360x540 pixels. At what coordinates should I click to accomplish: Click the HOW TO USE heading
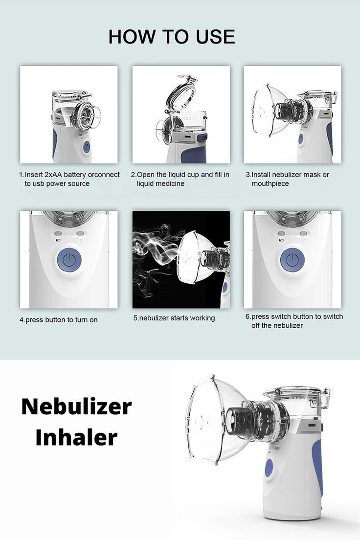[x=171, y=37]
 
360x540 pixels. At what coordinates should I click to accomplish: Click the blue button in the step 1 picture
[x=86, y=147]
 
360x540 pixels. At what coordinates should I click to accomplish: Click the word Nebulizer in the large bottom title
[x=76, y=406]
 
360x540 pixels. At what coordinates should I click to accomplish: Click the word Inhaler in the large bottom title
[x=76, y=437]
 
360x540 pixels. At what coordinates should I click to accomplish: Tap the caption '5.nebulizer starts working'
[x=174, y=318]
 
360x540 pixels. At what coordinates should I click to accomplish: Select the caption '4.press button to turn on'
[x=58, y=320]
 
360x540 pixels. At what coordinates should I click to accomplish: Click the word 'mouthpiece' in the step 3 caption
[x=270, y=184]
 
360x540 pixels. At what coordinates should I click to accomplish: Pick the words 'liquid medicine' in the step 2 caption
[x=160, y=184]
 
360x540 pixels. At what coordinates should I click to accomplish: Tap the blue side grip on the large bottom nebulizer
[x=318, y=465]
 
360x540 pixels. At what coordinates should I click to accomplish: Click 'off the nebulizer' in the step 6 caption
[x=277, y=326]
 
